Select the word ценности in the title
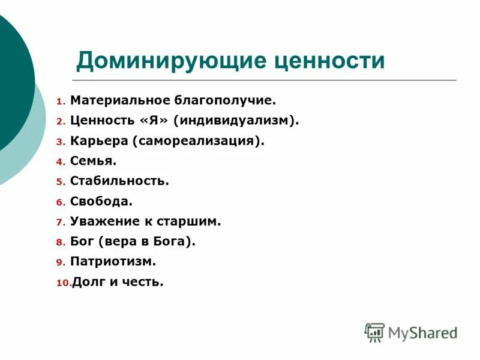[x=329, y=61]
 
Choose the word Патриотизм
[x=113, y=262]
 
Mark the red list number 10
[x=64, y=283]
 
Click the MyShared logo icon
[x=374, y=332]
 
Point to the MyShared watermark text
[x=422, y=332]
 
